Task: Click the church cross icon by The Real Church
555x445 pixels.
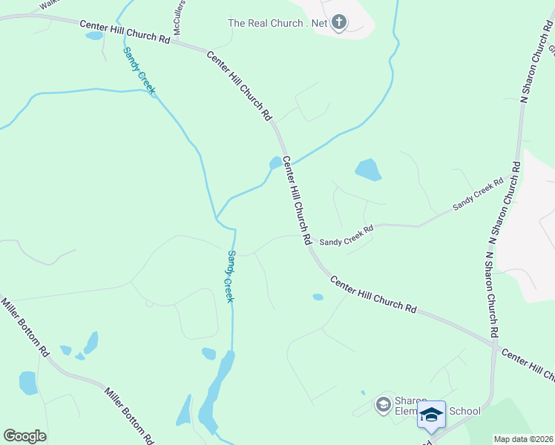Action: click(339, 22)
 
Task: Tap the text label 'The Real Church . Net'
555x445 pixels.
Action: click(277, 23)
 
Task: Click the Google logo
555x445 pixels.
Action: click(24, 436)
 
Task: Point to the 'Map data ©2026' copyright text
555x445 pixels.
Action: click(522, 439)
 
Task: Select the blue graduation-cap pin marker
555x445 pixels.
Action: click(431, 415)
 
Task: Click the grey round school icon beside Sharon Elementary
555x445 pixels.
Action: click(383, 404)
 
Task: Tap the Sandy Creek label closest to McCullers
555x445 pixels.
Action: click(139, 70)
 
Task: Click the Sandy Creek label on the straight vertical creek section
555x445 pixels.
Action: click(230, 276)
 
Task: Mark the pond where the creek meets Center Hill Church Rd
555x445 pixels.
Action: click(275, 162)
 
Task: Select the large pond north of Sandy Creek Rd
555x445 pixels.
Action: click(368, 170)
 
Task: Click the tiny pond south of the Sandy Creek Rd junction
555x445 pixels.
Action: click(318, 297)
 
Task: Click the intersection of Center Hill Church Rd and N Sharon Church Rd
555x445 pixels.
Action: click(494, 344)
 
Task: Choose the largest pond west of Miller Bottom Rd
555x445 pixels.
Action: click(28, 383)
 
